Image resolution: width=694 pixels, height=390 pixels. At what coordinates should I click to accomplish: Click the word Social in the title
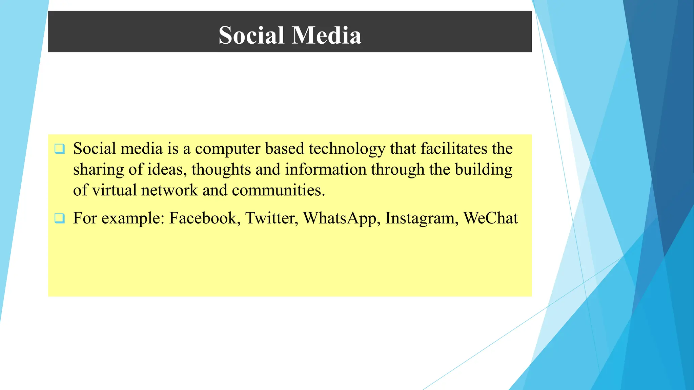click(x=251, y=35)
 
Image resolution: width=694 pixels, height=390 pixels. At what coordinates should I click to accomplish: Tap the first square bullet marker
click(x=60, y=149)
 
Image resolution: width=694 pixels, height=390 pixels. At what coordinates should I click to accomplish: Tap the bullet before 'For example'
click(x=60, y=218)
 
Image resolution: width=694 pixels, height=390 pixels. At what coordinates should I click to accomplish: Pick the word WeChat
click(x=490, y=218)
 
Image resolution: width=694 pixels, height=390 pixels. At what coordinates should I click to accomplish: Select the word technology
click(x=347, y=149)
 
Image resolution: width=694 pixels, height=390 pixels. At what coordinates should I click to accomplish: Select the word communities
click(x=278, y=190)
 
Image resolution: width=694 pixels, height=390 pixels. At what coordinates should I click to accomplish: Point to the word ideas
click(x=167, y=169)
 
